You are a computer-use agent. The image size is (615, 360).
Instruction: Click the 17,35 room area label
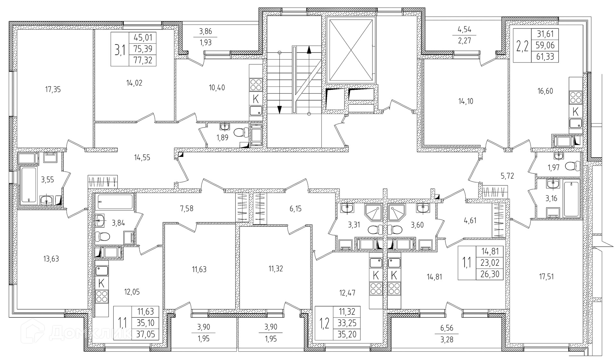53,90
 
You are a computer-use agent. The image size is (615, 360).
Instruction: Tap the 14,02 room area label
134,83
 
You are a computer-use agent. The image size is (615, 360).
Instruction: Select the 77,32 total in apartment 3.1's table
143,60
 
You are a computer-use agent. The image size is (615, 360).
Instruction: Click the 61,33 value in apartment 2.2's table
545,57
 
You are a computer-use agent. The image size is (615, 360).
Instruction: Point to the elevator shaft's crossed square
352,50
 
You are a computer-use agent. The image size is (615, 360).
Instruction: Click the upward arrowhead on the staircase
309,50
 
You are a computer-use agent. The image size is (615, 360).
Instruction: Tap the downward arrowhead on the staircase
280,109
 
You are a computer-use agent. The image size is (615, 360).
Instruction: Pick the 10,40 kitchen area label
217,88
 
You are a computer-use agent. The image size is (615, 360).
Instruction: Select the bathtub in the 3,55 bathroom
29,184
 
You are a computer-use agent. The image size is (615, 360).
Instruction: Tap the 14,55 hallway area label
142,158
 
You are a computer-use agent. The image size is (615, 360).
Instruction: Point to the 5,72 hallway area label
507,176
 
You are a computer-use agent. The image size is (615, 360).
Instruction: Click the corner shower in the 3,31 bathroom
373,212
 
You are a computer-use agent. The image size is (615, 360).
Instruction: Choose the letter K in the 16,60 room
576,112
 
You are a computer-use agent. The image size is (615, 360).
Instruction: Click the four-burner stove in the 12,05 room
102,296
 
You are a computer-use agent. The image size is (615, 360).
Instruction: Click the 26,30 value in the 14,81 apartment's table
490,274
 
